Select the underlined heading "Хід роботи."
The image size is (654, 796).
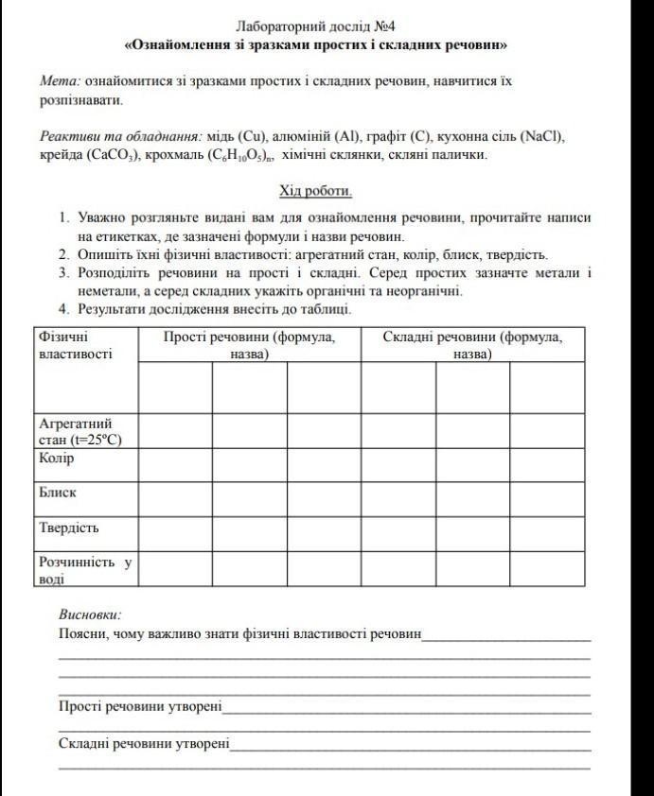315,191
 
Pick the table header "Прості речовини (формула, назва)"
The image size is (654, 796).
248,345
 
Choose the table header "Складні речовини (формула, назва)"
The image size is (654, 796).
471,345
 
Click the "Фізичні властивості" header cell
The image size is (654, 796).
76,345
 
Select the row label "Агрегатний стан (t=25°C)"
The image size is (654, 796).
80,431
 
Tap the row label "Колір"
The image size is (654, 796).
57,459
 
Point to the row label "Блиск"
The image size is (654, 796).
58,493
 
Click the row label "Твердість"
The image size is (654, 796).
69,528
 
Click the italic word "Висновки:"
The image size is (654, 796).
90,614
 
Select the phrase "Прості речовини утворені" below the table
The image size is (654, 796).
140,705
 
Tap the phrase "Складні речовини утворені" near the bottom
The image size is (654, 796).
144,744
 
